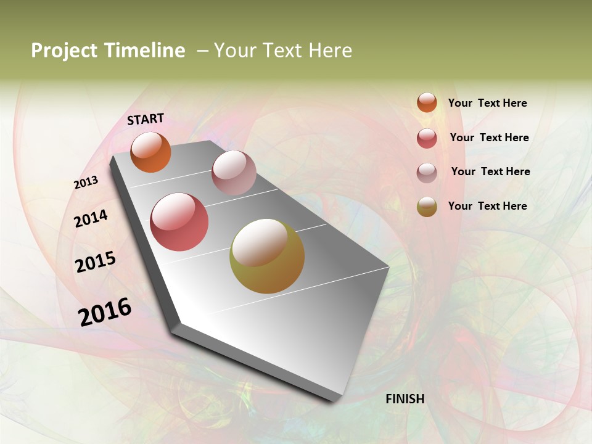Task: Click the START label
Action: (x=146, y=119)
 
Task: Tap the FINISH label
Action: (x=405, y=399)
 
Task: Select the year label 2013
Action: (x=86, y=183)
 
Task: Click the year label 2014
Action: (x=91, y=218)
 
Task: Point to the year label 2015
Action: (x=96, y=261)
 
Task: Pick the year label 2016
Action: (x=105, y=312)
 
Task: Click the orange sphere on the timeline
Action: (x=150, y=152)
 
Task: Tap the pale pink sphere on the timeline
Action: (x=234, y=173)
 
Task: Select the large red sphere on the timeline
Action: (x=179, y=222)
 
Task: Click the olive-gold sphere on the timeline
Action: (x=267, y=256)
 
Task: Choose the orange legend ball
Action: (x=427, y=102)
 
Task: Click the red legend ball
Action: (x=427, y=138)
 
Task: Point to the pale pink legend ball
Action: (x=427, y=172)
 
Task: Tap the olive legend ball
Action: (x=427, y=207)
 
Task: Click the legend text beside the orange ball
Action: (x=487, y=103)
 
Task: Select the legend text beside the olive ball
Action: (x=487, y=206)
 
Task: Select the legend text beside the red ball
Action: (x=489, y=138)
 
